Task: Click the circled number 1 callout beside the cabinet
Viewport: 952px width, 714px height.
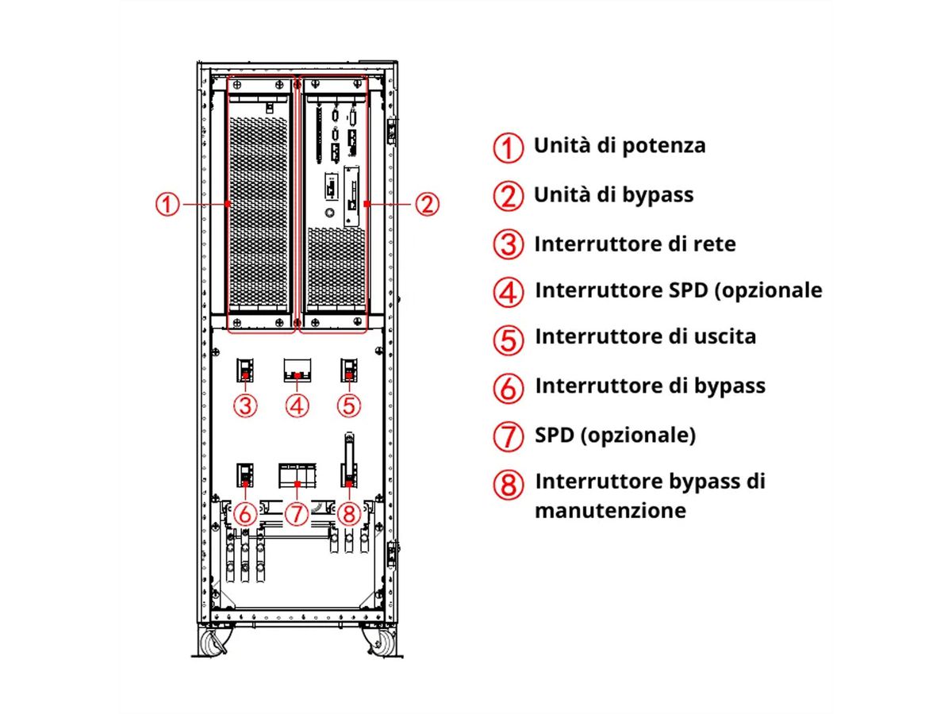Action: [167, 205]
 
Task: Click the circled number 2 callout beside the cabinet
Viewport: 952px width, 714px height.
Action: [427, 205]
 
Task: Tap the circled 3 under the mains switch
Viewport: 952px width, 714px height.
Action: [246, 405]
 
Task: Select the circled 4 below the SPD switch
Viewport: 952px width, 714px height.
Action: [297, 405]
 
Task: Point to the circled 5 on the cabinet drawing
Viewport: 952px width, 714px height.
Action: [348, 405]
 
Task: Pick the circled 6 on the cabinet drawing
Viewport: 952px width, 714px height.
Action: [245, 513]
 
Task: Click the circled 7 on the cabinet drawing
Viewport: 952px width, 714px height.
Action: [297, 513]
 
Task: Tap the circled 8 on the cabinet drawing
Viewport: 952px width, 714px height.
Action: [348, 513]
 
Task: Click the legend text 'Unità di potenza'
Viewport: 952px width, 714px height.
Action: [619, 146]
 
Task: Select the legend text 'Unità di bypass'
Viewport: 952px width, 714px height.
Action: [613, 194]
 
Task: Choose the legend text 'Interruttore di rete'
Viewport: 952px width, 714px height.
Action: [635, 244]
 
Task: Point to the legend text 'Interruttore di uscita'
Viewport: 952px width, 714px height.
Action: [645, 336]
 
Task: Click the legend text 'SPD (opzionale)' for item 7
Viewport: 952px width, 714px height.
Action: [615, 436]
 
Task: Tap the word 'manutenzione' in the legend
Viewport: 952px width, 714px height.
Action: [609, 510]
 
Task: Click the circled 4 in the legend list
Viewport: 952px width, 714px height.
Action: [509, 293]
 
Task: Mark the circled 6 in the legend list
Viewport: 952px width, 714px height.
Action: [509, 388]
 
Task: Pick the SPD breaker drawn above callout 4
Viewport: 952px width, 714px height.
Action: [297, 370]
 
